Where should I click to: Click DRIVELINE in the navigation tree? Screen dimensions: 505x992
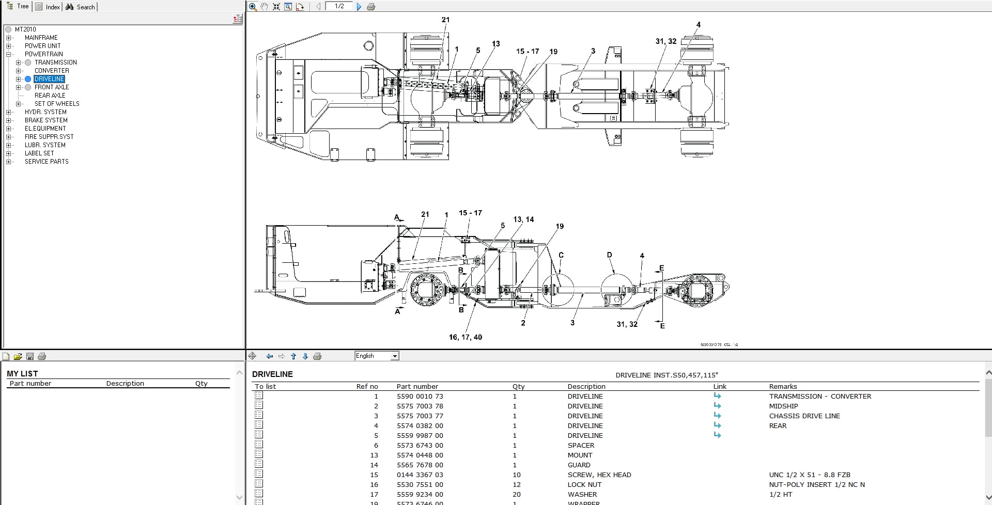50,79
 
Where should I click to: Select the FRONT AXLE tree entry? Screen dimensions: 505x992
52,87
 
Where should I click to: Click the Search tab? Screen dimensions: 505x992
81,7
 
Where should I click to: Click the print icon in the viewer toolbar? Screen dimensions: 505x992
370,7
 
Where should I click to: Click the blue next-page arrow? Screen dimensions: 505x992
359,7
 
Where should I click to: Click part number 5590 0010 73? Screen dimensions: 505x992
420,397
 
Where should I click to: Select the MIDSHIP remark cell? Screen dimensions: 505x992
783,406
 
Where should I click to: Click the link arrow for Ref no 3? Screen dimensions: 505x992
717,416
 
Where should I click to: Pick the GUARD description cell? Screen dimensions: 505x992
579,465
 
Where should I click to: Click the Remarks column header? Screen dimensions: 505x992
783,386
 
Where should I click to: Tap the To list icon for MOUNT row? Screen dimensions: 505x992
259,454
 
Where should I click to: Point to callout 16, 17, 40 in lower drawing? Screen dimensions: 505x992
465,337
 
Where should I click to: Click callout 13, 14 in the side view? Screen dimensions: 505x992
523,219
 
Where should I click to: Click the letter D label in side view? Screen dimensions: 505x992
609,255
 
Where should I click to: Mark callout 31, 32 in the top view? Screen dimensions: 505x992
666,41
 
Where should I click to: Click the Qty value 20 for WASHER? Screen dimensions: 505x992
516,495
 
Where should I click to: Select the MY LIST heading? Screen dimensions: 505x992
22,373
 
